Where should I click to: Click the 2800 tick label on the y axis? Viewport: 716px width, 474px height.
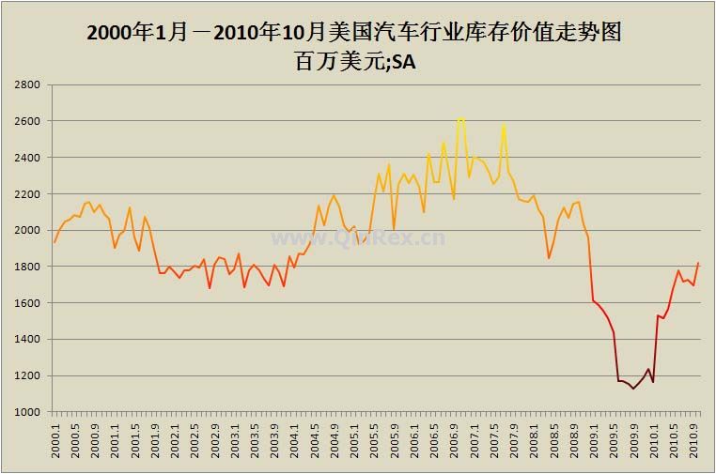25,85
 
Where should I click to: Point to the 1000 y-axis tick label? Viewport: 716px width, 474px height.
25,412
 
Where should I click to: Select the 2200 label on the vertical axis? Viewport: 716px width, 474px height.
25,194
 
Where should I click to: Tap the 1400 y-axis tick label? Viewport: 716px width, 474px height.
25,340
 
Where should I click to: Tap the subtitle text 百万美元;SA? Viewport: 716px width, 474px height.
354,63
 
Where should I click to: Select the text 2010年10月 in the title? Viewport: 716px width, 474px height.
269,33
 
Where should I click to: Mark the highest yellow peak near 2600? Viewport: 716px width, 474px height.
460,118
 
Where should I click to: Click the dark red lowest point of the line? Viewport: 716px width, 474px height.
633,389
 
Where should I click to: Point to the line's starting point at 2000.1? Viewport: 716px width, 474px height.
54,242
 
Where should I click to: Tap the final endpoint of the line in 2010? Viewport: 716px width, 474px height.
697,263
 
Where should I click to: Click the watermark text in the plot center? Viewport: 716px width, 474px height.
358,237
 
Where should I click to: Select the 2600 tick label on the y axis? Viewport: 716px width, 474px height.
25,122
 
